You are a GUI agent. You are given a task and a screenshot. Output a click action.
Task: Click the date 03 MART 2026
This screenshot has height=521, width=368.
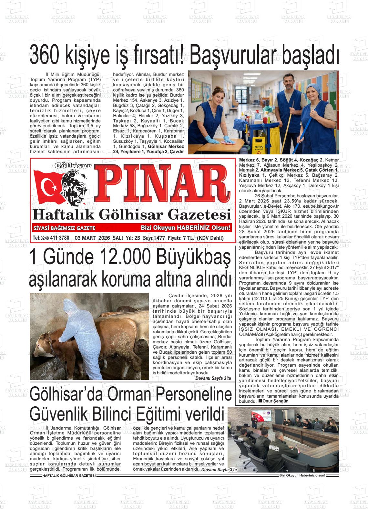click(x=92, y=238)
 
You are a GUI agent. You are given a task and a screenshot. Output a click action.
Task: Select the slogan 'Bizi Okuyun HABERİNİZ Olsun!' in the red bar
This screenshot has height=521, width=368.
click(x=186, y=228)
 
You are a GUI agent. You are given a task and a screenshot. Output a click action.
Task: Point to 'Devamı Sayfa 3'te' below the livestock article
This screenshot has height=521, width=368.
click(x=213, y=378)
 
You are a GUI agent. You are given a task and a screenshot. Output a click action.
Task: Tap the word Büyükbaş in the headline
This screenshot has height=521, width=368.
click(x=194, y=257)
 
